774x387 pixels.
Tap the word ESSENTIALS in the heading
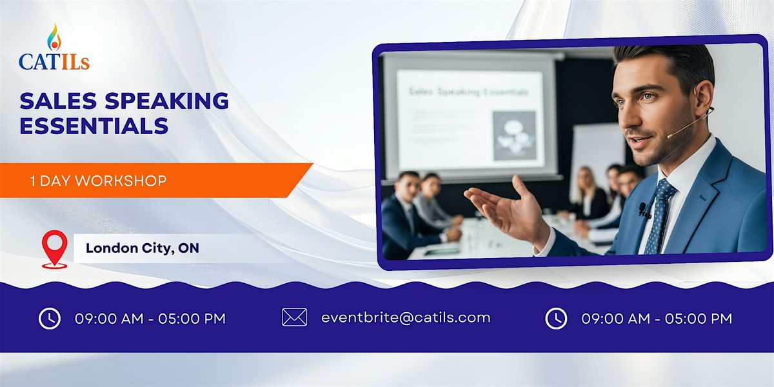click(x=94, y=125)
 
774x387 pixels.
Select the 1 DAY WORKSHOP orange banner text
click(x=98, y=181)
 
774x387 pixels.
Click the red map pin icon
click(x=54, y=248)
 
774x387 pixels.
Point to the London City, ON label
click(x=142, y=248)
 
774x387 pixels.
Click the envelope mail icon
click(x=294, y=317)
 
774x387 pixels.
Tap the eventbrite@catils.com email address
click(x=406, y=317)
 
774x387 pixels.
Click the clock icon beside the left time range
click(x=50, y=318)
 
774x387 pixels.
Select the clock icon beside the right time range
click(x=556, y=318)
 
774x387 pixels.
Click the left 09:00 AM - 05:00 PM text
click(x=150, y=319)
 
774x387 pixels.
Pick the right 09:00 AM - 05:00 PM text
click(x=657, y=319)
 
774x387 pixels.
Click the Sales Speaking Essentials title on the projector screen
click(x=468, y=92)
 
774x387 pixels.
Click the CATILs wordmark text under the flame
click(x=54, y=62)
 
